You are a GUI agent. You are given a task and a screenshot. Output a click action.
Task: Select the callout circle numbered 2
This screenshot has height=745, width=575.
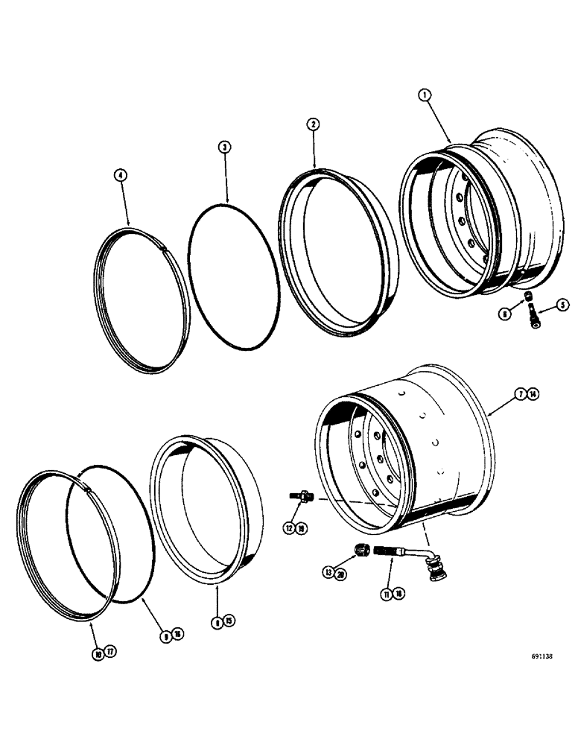(x=314, y=124)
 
